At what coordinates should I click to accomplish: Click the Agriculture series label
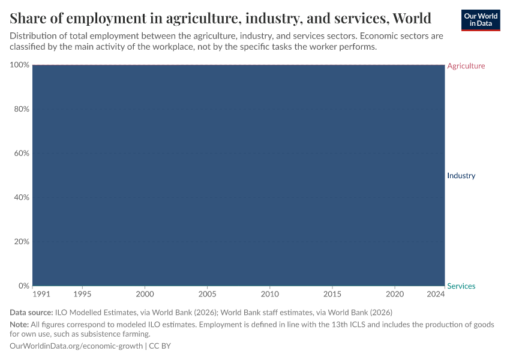tap(466, 66)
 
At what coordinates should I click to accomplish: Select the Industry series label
tap(461, 176)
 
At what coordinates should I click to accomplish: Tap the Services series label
tap(461, 286)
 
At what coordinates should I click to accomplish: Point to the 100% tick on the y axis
tap(19, 65)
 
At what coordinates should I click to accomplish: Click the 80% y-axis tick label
tap(21, 109)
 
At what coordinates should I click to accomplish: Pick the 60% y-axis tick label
tap(21, 154)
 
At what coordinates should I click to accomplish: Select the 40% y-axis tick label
tap(21, 197)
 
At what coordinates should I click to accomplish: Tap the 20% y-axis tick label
tap(21, 242)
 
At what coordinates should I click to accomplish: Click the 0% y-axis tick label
tap(23, 286)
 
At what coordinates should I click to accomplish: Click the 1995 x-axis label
tap(82, 295)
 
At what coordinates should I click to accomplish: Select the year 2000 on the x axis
tap(145, 295)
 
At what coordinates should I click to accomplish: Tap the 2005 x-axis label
tap(207, 295)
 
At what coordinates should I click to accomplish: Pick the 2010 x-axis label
tap(270, 295)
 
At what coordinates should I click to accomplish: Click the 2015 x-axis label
tap(332, 295)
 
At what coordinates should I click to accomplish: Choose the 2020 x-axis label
tap(395, 295)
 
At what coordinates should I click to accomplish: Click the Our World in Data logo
tap(480, 20)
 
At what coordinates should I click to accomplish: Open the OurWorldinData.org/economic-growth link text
tap(76, 346)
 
